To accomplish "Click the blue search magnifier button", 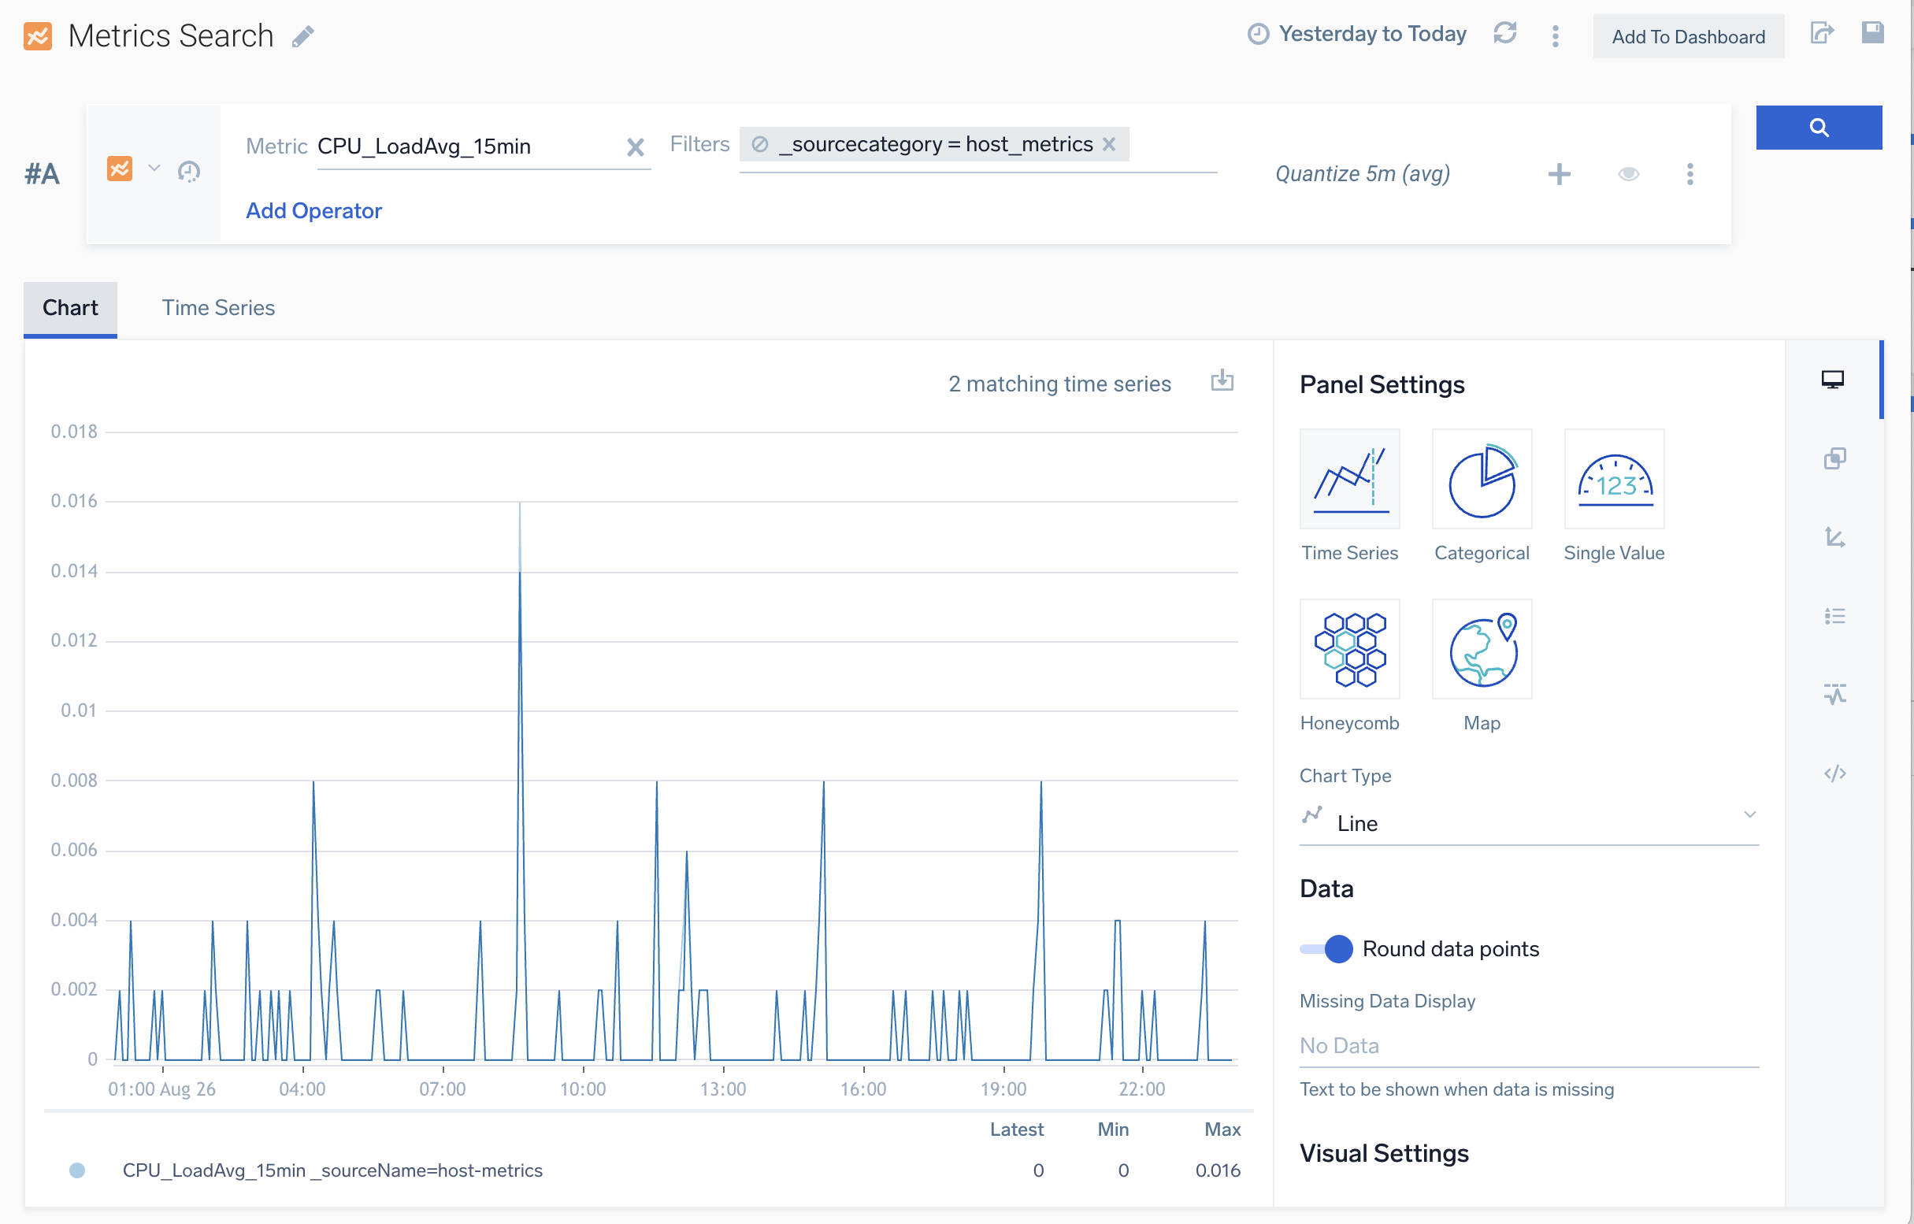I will (x=1818, y=127).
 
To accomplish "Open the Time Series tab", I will (x=218, y=308).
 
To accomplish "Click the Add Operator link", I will (x=313, y=210).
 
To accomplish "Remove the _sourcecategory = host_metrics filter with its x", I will (x=1109, y=144).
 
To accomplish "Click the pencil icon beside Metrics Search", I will (x=302, y=36).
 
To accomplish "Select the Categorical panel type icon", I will (x=1481, y=479).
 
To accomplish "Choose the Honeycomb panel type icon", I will (x=1349, y=649).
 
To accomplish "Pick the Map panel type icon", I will (x=1481, y=649).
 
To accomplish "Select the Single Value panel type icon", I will (x=1614, y=479).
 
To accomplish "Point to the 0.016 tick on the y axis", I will (x=74, y=501).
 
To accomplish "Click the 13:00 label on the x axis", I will (x=722, y=1089).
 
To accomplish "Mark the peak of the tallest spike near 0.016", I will (x=520, y=503).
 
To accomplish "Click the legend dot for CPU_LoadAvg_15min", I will (x=77, y=1170).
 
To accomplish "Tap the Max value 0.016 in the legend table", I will (x=1217, y=1170).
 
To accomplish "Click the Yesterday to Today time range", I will (x=1371, y=34).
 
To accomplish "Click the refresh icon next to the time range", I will (x=1504, y=34).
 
